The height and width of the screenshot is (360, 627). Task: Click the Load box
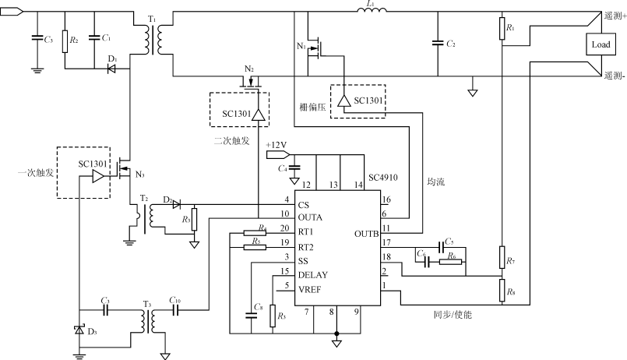pyautogui.click(x=601, y=45)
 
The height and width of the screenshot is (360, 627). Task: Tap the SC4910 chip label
pyautogui.click(x=384, y=178)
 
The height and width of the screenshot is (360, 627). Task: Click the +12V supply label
pyautogui.click(x=277, y=145)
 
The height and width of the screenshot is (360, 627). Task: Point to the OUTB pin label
pyautogui.click(x=366, y=233)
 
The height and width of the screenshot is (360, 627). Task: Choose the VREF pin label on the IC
pyautogui.click(x=311, y=289)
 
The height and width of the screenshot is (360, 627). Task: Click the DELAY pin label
pyautogui.click(x=313, y=275)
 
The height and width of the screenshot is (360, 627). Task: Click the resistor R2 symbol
pyautogui.click(x=65, y=39)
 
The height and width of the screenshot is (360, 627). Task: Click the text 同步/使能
pyautogui.click(x=452, y=315)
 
